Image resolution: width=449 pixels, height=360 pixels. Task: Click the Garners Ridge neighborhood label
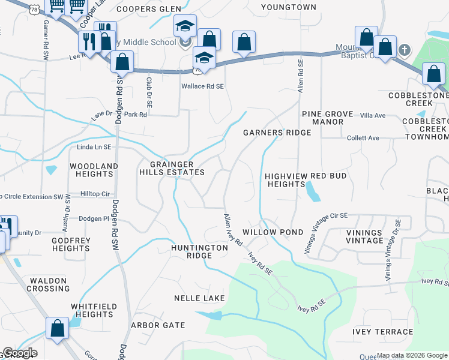click(x=277, y=133)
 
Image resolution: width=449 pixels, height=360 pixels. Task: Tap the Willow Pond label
click(x=268, y=232)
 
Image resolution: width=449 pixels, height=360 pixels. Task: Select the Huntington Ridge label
click(x=199, y=251)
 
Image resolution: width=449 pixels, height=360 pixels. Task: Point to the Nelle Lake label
click(x=199, y=298)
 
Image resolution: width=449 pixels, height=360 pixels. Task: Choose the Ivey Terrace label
click(x=383, y=332)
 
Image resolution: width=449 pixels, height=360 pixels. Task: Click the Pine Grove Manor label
click(x=322, y=118)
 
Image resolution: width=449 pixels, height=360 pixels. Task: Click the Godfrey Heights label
click(x=71, y=244)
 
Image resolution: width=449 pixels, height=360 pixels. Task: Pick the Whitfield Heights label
click(x=92, y=310)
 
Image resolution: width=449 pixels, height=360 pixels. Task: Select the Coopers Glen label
click(x=149, y=8)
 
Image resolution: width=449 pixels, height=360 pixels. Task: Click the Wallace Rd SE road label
click(x=203, y=86)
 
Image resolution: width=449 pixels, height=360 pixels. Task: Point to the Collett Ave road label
click(x=363, y=138)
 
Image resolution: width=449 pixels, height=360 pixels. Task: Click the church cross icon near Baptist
click(x=405, y=49)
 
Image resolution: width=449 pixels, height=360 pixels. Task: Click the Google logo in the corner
click(x=19, y=353)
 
